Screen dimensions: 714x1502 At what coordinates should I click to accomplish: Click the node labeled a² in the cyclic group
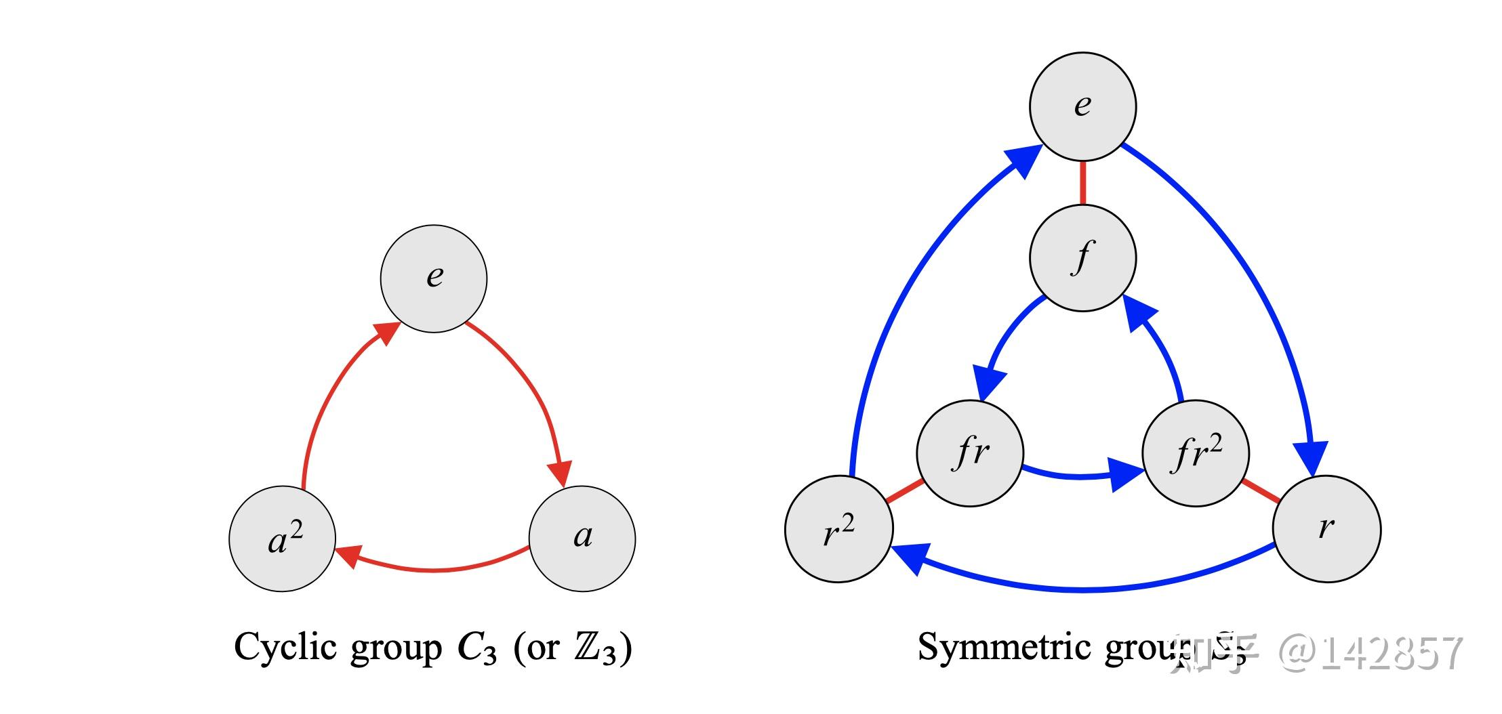click(x=283, y=539)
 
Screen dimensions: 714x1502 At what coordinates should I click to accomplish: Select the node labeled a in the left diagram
click(x=582, y=539)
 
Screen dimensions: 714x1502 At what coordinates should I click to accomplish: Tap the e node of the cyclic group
click(x=434, y=278)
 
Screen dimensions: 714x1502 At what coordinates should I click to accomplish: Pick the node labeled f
click(x=1082, y=258)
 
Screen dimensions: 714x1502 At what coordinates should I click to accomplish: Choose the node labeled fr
click(x=970, y=453)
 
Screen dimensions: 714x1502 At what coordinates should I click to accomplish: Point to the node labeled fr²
click(x=1196, y=453)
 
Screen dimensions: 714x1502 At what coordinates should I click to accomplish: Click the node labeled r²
click(x=839, y=529)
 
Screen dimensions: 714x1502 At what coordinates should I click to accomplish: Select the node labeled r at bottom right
click(x=1326, y=529)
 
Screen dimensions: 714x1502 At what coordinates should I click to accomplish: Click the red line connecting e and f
click(x=1082, y=182)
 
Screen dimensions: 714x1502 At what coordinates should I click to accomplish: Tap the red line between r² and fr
click(x=905, y=491)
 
